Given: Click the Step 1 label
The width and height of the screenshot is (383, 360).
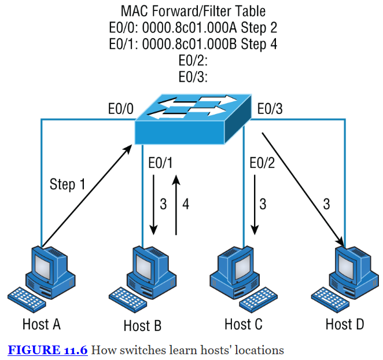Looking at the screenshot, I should [x=67, y=185].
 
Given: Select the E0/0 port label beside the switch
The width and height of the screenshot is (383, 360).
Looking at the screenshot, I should [x=120, y=109].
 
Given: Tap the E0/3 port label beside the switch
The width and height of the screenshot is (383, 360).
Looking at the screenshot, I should [x=270, y=109].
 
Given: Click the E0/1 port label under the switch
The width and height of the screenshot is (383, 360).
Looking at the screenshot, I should [x=161, y=164].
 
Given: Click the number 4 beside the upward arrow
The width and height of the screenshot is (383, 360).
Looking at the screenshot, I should [x=186, y=204].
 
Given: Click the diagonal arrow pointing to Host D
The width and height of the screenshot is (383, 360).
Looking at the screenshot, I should [x=301, y=186].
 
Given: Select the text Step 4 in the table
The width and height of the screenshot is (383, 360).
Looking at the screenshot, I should [x=256, y=44].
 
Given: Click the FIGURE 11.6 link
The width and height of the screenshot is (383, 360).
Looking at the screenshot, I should [x=47, y=350].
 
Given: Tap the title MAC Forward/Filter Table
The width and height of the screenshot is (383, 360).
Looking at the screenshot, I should [x=193, y=10].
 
